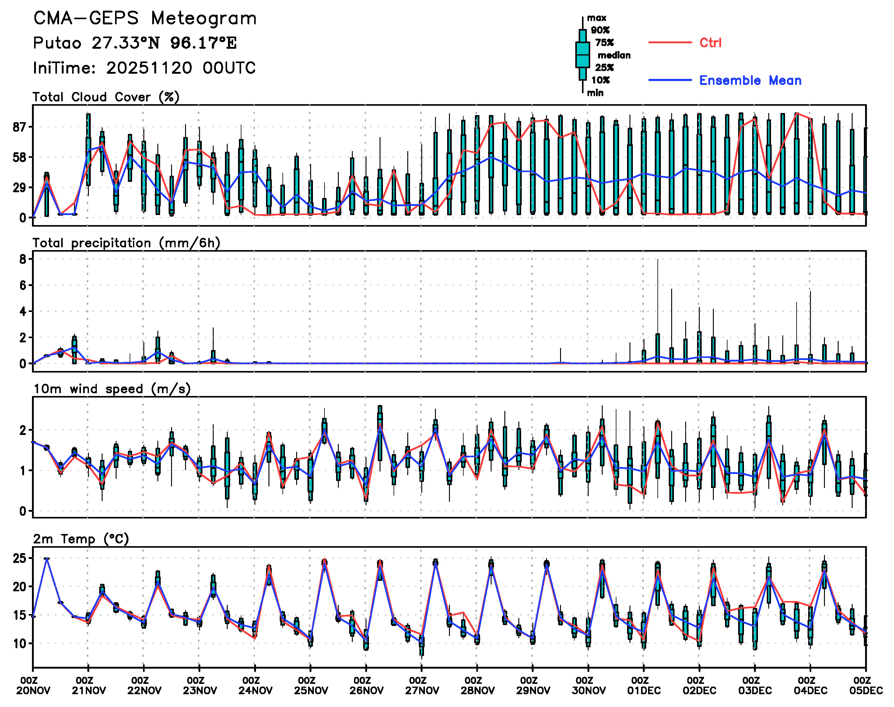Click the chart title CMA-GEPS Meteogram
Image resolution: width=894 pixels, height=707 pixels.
(x=145, y=19)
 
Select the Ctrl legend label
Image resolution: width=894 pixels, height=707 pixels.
(x=710, y=43)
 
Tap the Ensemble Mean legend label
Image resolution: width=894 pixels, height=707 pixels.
(x=750, y=80)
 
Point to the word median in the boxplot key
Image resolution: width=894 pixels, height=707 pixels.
(x=614, y=55)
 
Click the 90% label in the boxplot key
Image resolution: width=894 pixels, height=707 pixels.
(x=600, y=30)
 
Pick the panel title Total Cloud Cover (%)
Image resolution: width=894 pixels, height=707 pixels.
(x=106, y=97)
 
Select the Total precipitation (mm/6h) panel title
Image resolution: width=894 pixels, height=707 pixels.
(x=126, y=243)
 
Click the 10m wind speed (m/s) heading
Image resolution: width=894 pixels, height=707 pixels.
(x=112, y=389)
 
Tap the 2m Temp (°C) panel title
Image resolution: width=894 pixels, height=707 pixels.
(x=81, y=539)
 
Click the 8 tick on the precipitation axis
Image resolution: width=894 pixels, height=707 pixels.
(x=23, y=260)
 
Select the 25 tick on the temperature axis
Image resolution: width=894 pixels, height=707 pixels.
(x=19, y=558)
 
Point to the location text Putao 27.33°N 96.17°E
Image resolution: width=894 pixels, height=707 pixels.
(x=135, y=43)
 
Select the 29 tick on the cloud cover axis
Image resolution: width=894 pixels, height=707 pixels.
(x=20, y=188)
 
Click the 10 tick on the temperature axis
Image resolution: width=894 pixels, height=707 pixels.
(x=19, y=644)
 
